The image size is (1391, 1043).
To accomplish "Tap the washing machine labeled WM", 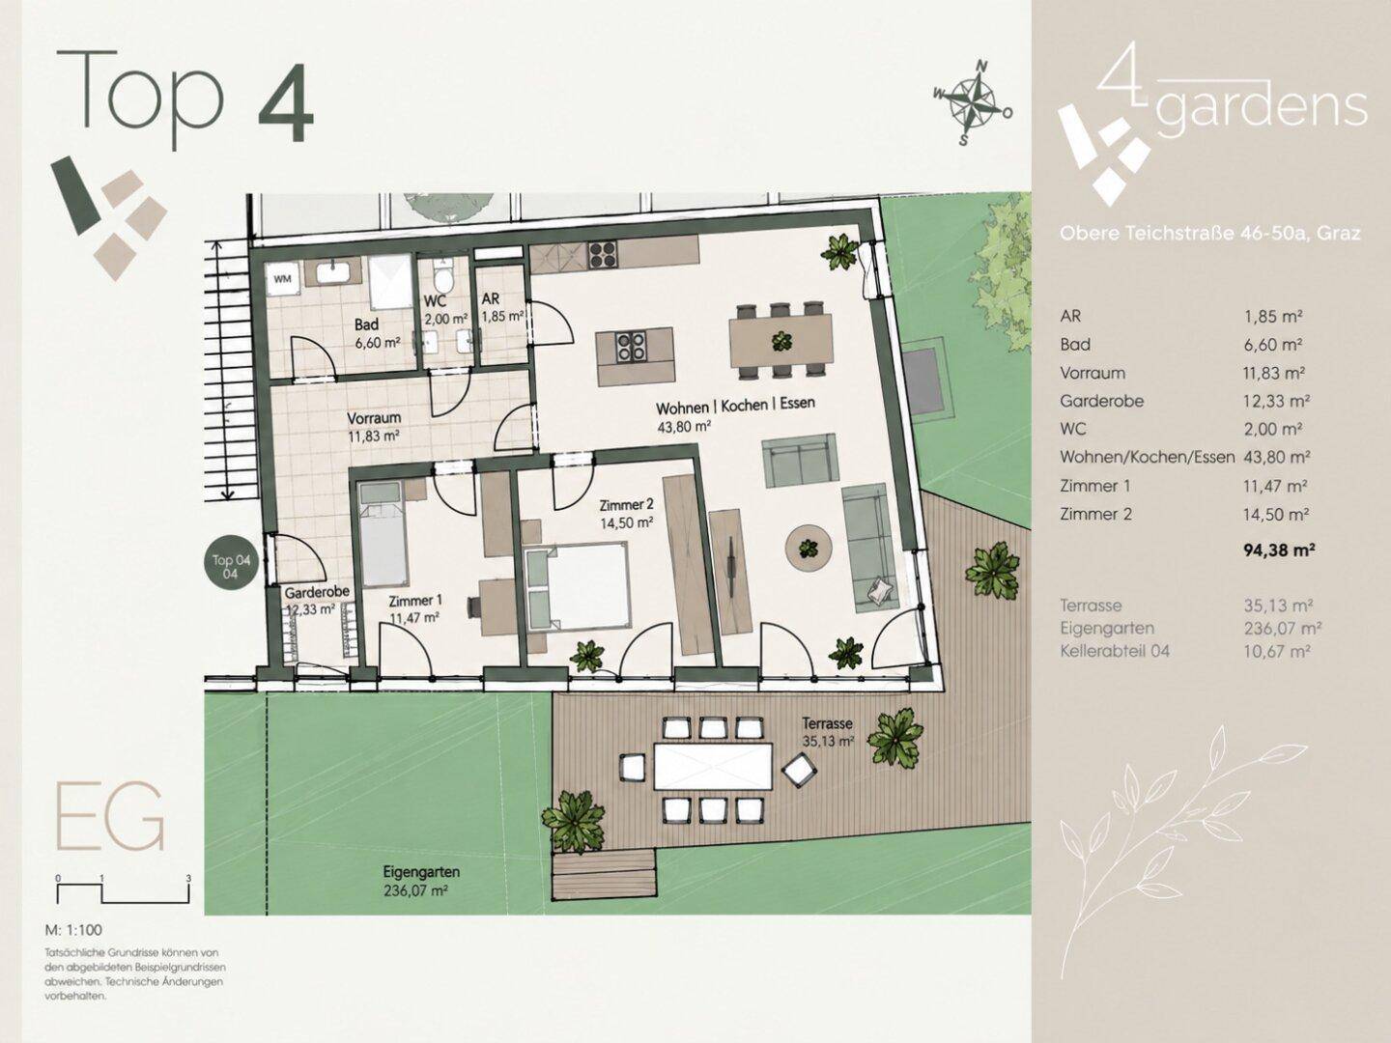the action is point(282,279).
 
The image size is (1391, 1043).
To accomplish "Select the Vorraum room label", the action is point(374,418).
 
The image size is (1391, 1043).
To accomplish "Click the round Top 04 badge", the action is point(231,566).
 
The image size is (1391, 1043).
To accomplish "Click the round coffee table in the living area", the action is point(808,549).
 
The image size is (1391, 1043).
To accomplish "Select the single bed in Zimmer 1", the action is point(381,534).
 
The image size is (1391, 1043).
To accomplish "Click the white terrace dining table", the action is point(713,766).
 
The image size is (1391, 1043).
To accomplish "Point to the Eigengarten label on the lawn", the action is point(421,871).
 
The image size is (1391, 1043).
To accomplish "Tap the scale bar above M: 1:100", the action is point(123,891).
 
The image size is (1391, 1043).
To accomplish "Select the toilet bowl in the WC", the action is point(442,276).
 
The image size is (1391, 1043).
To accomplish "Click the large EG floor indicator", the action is point(110,817).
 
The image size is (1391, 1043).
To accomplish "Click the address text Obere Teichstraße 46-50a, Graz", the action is point(1209,234).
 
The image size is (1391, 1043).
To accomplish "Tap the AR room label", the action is point(491,299).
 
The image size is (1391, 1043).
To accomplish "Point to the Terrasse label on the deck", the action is point(827,722).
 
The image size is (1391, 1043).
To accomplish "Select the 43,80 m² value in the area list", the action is point(1277,457).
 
